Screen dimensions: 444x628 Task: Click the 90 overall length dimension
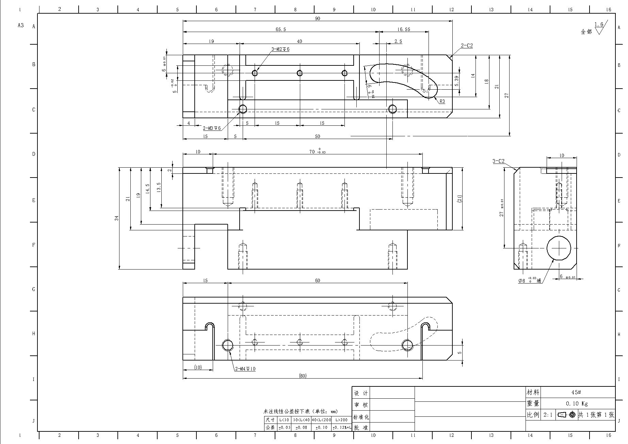click(x=317, y=18)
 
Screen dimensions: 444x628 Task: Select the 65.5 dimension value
click(x=280, y=29)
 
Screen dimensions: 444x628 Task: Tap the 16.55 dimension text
click(x=403, y=29)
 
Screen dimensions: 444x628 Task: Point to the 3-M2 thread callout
click(x=280, y=49)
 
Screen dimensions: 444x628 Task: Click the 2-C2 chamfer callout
click(x=467, y=46)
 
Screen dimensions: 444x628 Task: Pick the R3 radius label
click(x=442, y=102)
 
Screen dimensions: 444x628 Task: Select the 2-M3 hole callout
click(x=212, y=128)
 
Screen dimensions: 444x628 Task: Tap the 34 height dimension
click(x=117, y=218)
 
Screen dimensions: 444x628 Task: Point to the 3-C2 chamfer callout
click(x=498, y=161)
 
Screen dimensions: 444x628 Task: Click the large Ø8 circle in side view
click(x=559, y=248)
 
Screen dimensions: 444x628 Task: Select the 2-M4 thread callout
click(x=245, y=369)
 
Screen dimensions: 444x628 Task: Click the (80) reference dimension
click(x=302, y=376)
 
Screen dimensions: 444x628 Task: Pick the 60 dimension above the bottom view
click(x=317, y=280)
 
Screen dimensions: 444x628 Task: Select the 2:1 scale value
click(x=548, y=415)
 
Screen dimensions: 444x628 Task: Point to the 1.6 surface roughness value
click(x=599, y=24)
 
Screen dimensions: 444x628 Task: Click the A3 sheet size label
click(x=21, y=25)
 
